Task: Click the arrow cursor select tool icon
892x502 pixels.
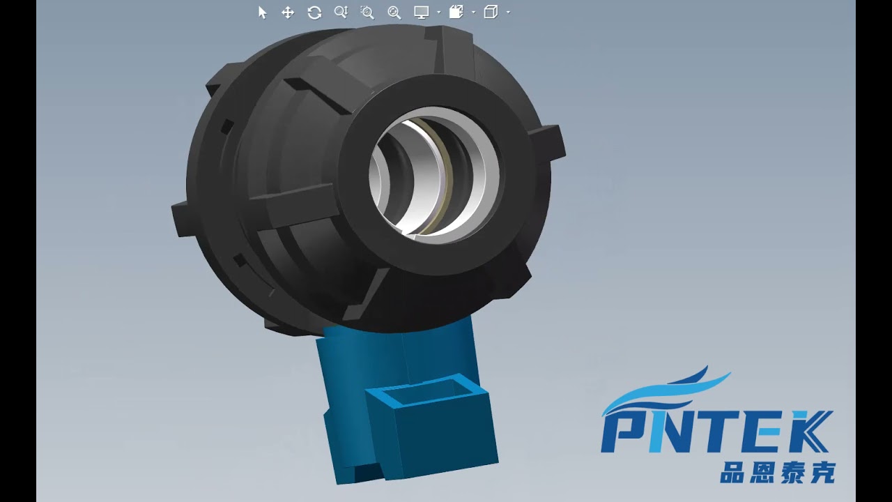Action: [263, 13]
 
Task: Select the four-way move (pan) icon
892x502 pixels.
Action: [287, 13]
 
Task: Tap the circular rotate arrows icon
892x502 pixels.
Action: [314, 13]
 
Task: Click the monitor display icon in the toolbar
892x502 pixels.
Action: [421, 12]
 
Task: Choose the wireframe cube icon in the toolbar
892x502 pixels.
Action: [491, 12]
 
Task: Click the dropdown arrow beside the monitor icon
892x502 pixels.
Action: [438, 13]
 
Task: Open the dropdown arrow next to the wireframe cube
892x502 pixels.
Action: [508, 13]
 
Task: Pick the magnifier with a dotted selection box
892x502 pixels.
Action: [367, 13]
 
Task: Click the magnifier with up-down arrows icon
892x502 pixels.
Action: [341, 12]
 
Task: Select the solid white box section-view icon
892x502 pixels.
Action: [456, 12]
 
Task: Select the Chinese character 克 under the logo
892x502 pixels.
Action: [822, 472]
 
